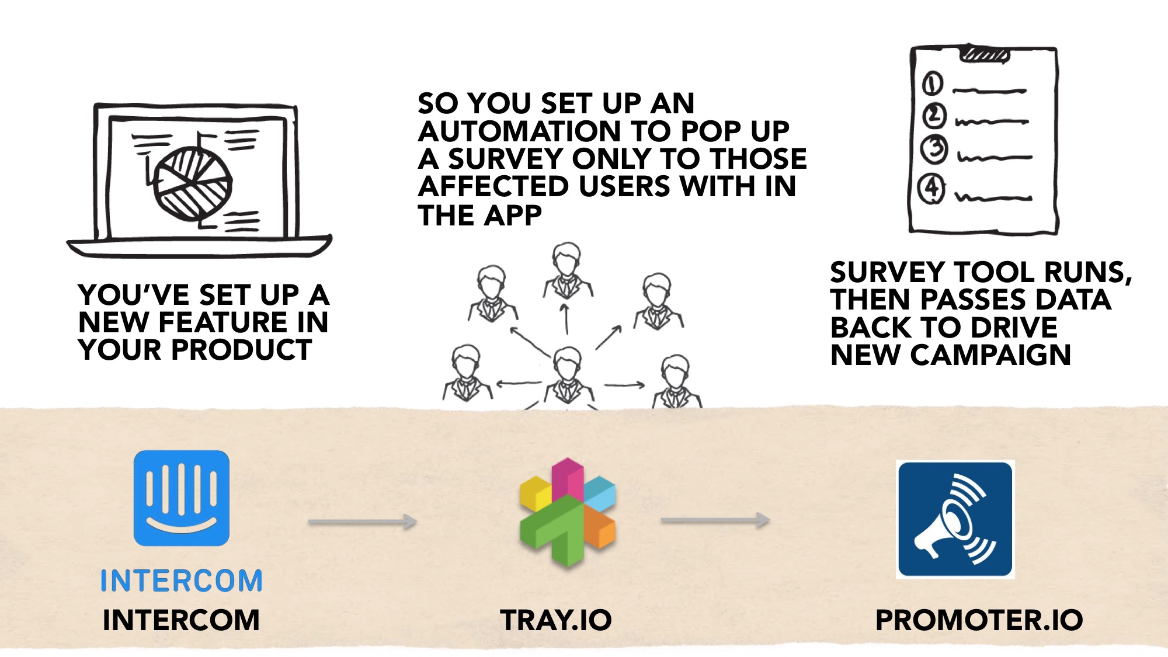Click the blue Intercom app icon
(181, 498)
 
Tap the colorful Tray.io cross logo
(567, 513)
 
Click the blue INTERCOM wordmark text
(181, 581)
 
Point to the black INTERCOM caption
(181, 620)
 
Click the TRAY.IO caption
(555, 620)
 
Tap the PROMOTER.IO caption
(979, 620)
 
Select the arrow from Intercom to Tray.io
(362, 522)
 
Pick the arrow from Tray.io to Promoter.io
(715, 520)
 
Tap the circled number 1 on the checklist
(932, 84)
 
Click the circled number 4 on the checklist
(931, 189)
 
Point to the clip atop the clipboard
(985, 54)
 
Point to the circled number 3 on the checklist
(934, 148)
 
